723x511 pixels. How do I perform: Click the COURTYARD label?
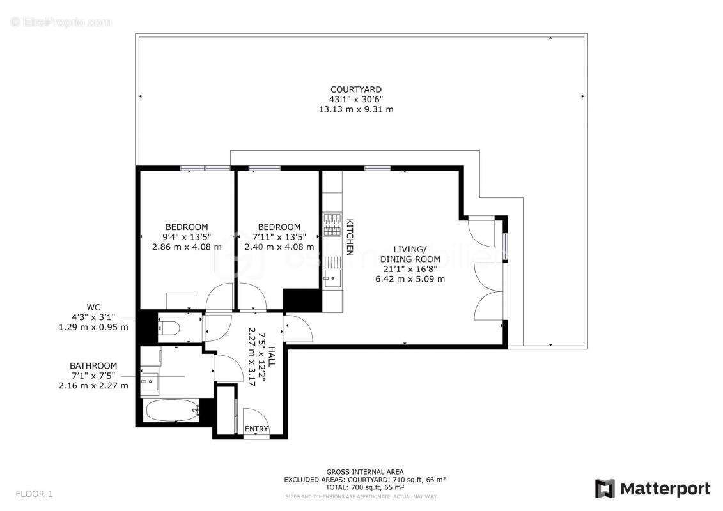click(355, 89)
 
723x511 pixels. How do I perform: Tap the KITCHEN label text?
click(350, 237)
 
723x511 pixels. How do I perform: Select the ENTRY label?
click(257, 429)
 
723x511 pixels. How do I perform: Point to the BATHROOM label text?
click(93, 365)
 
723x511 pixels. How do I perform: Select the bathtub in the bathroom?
click(171, 411)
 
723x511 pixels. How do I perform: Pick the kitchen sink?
click(331, 276)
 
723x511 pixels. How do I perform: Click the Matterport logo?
click(652, 489)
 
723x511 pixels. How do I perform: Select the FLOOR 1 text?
click(35, 494)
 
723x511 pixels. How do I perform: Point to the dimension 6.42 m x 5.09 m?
click(410, 279)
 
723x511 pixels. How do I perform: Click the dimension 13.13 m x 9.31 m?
click(355, 109)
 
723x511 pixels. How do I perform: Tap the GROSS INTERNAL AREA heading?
click(364, 471)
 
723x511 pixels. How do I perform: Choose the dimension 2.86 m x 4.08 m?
click(187, 247)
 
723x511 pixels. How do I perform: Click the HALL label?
click(272, 356)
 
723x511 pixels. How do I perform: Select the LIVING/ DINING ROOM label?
click(410, 254)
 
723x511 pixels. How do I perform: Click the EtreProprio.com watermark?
click(61, 22)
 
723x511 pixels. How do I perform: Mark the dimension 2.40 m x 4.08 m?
click(279, 247)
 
